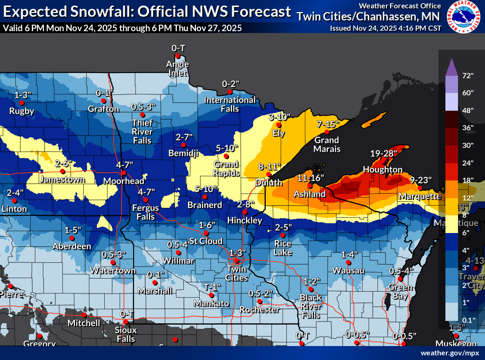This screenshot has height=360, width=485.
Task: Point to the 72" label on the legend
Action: tap(467, 75)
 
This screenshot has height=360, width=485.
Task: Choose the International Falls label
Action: tap(230, 104)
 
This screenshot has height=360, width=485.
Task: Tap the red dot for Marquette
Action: tap(419, 188)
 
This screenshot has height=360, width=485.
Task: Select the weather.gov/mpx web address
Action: tap(449, 353)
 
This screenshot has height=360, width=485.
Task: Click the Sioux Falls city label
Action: tap(126, 334)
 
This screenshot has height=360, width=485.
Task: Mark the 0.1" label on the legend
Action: tap(467, 320)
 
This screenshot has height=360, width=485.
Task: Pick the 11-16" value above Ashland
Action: tap(310, 178)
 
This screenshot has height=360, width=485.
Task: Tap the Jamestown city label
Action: tap(62, 179)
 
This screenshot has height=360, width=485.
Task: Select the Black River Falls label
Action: tap(310, 306)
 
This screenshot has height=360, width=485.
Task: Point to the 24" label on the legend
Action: tap(467, 162)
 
